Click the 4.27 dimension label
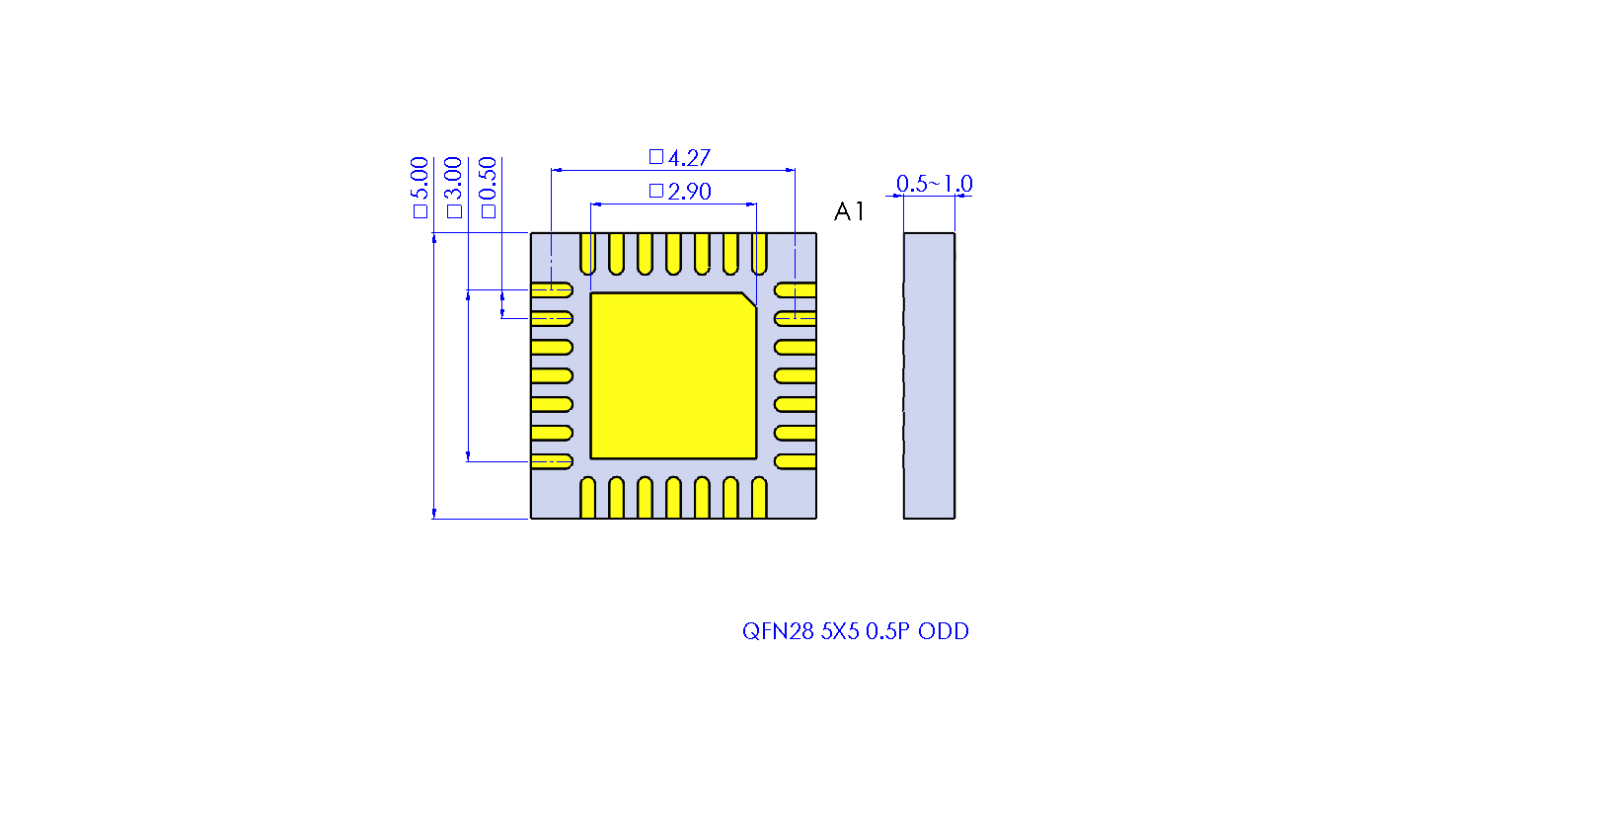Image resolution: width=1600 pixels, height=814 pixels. click(689, 158)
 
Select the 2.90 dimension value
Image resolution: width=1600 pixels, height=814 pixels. click(689, 192)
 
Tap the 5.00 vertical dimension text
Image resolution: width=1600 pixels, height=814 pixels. click(419, 179)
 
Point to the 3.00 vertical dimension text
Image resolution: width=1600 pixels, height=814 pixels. click(453, 179)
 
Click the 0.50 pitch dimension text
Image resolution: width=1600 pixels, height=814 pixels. click(488, 179)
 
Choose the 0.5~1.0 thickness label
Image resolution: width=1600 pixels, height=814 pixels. click(935, 184)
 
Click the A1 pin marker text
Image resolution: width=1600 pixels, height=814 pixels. click(849, 211)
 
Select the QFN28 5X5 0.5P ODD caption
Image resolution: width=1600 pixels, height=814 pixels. click(855, 631)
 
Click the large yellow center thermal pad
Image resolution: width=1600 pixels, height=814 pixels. click(673, 376)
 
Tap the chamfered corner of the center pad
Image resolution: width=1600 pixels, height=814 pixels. click(749, 299)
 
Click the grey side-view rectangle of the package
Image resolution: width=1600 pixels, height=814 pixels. click(929, 376)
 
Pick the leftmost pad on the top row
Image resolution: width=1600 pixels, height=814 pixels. click(588, 254)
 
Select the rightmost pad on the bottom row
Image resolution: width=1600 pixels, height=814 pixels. click(759, 498)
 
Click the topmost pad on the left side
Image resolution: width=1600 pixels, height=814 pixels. click(552, 290)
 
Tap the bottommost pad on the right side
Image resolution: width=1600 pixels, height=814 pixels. click(795, 461)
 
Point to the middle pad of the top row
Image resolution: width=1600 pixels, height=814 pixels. click(673, 254)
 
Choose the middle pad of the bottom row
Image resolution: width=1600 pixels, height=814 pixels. click(673, 498)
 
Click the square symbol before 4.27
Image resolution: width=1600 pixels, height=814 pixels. click(656, 156)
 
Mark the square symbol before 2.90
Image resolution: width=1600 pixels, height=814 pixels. click(656, 191)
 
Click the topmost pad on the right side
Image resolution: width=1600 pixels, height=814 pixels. click(795, 290)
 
